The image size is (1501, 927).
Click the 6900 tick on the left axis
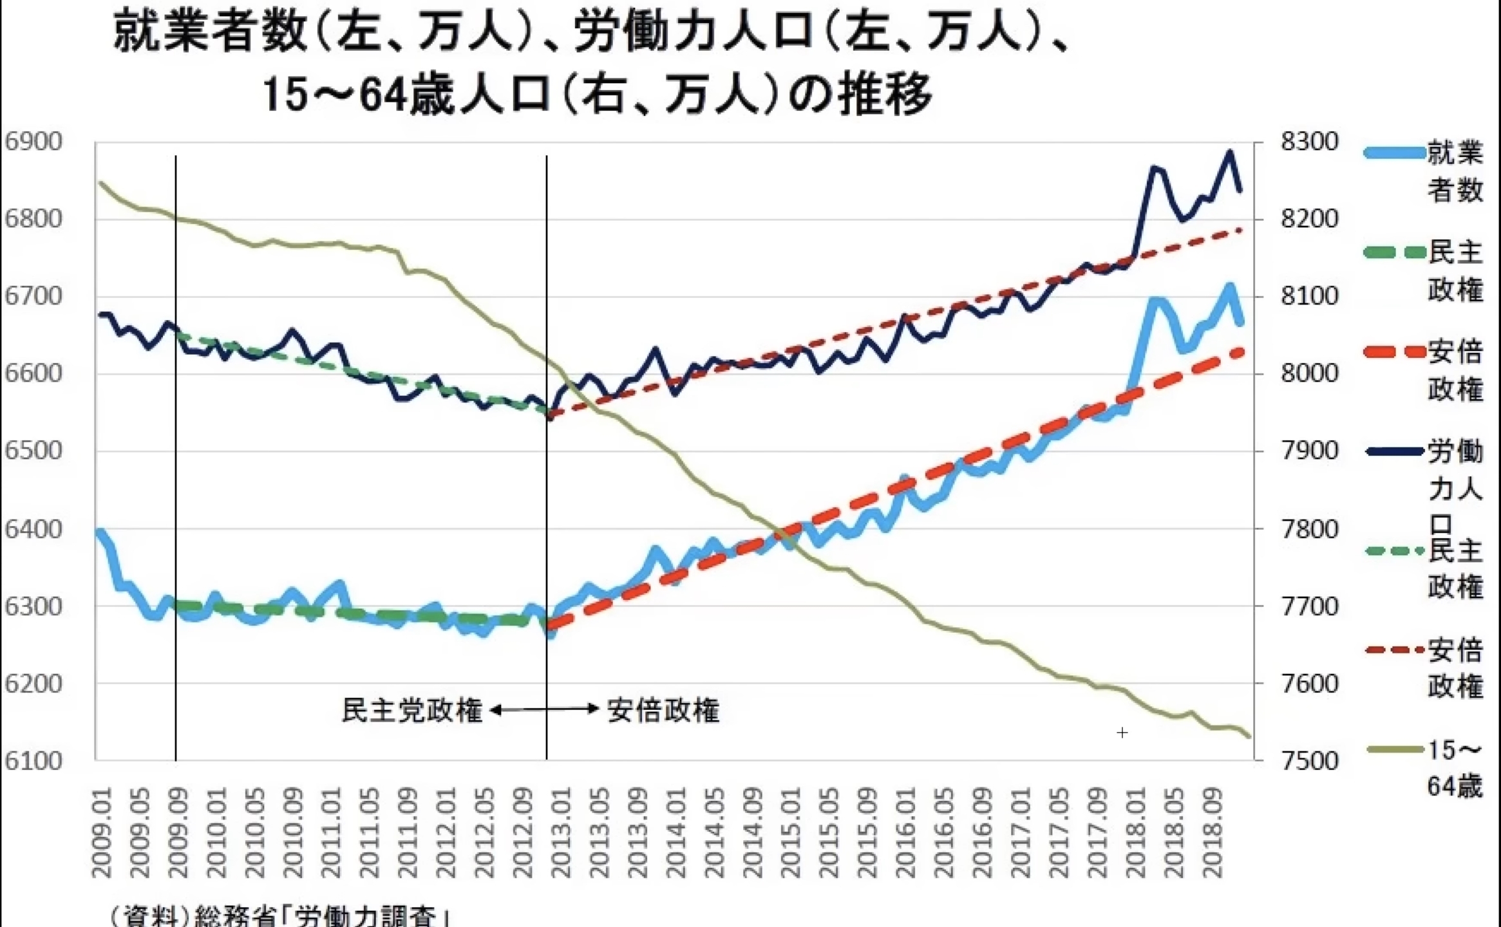33,142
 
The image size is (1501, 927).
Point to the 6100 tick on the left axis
33,761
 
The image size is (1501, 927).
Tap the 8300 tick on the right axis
1309,142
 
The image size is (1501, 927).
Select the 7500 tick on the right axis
1309,761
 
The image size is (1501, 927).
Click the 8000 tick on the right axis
1309,373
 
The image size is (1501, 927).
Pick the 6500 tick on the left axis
33,451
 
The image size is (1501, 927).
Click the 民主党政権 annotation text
412,711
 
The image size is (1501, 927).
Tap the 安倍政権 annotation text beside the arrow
663,711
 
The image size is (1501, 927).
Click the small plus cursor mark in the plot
1122,733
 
